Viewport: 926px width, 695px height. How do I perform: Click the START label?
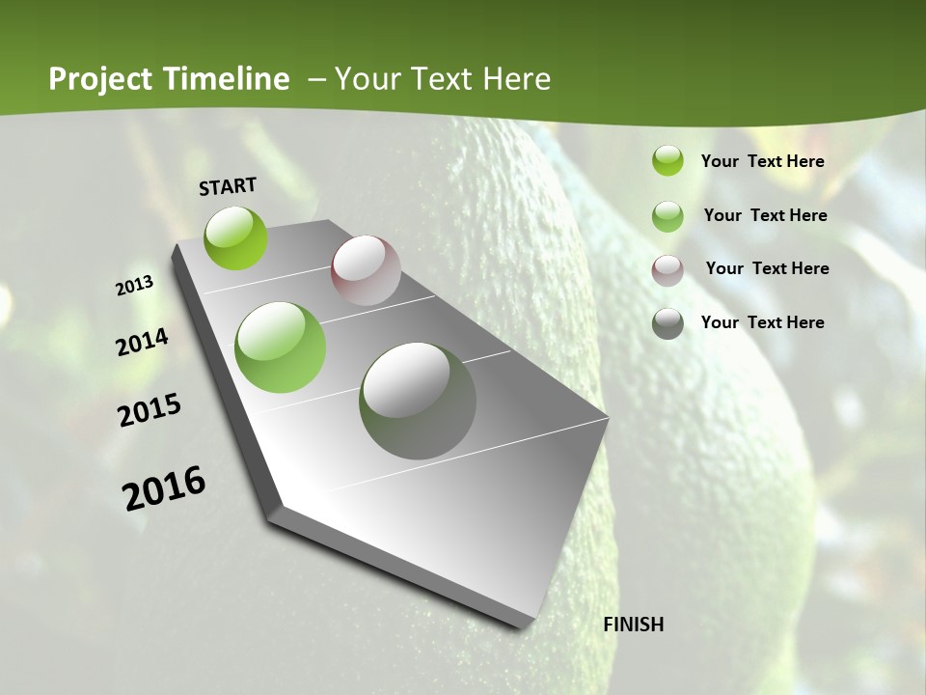228,185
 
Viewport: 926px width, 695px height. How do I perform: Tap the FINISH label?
633,625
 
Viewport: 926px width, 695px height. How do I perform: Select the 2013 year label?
134,286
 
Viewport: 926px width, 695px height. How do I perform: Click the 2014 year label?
142,343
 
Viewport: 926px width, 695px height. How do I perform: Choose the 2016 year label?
164,487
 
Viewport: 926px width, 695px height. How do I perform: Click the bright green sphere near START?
236,238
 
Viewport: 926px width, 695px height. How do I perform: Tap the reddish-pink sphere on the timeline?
366,270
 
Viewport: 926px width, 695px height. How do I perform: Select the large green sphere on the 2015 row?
281,347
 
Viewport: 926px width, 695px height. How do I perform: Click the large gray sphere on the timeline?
418,401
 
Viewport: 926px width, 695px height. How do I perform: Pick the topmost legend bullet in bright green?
667,160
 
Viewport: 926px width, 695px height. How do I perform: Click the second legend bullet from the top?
667,216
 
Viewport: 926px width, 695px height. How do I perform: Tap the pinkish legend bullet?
667,270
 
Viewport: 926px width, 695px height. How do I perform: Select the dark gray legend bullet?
667,323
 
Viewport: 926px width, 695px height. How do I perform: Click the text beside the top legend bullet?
762,161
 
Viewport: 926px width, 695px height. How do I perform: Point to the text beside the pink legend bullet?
767,268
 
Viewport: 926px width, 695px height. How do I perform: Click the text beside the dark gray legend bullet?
762,322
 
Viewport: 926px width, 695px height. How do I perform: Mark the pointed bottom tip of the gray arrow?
526,627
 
